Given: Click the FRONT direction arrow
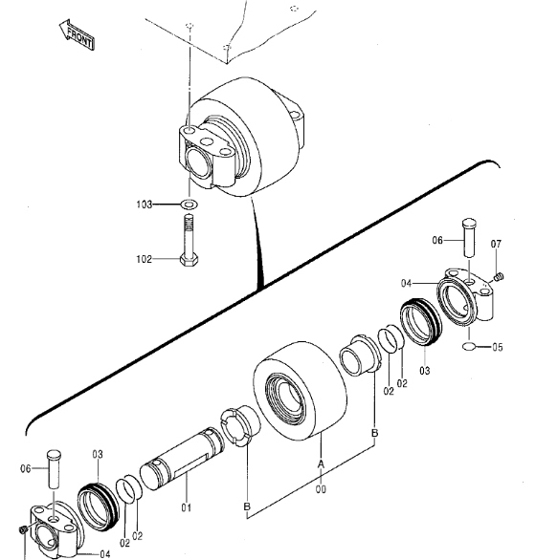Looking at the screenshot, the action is pyautogui.click(x=77, y=34).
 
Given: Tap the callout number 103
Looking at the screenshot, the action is pyautogui.click(x=145, y=205).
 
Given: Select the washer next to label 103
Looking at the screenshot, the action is pyautogui.click(x=190, y=205).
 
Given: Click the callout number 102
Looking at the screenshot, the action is pyautogui.click(x=145, y=259).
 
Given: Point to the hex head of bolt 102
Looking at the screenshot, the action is pyautogui.click(x=189, y=259).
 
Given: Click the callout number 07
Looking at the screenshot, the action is pyautogui.click(x=496, y=244).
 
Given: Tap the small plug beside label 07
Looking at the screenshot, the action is pyautogui.click(x=499, y=276).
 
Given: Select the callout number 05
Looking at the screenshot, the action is pyautogui.click(x=497, y=347).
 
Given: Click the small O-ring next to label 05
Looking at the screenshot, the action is pyautogui.click(x=469, y=346).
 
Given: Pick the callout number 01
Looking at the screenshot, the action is pyautogui.click(x=186, y=507).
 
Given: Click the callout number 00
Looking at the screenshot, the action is pyautogui.click(x=321, y=489).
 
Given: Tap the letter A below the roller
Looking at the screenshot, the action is pyautogui.click(x=321, y=463).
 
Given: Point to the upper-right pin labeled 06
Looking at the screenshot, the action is pyautogui.click(x=469, y=238).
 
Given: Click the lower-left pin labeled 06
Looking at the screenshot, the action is pyautogui.click(x=54, y=469).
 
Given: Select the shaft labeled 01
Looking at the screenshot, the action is pyautogui.click(x=182, y=459).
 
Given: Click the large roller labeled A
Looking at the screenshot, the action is pyautogui.click(x=300, y=391).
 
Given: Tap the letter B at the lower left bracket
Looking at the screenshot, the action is pyautogui.click(x=247, y=506).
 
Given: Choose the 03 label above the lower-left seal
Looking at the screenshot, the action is pyautogui.click(x=98, y=454).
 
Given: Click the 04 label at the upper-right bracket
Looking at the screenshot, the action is pyautogui.click(x=406, y=284).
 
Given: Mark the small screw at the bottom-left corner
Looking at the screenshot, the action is pyautogui.click(x=23, y=530).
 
